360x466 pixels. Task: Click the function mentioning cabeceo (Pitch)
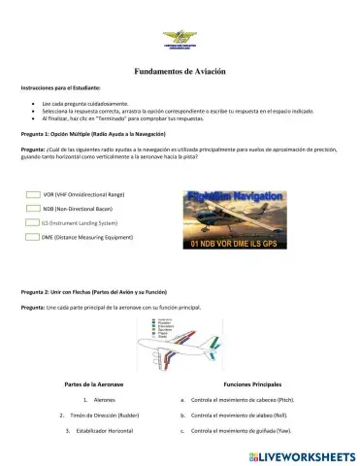click(243, 399)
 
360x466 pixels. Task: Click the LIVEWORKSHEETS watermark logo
click(296, 454)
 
